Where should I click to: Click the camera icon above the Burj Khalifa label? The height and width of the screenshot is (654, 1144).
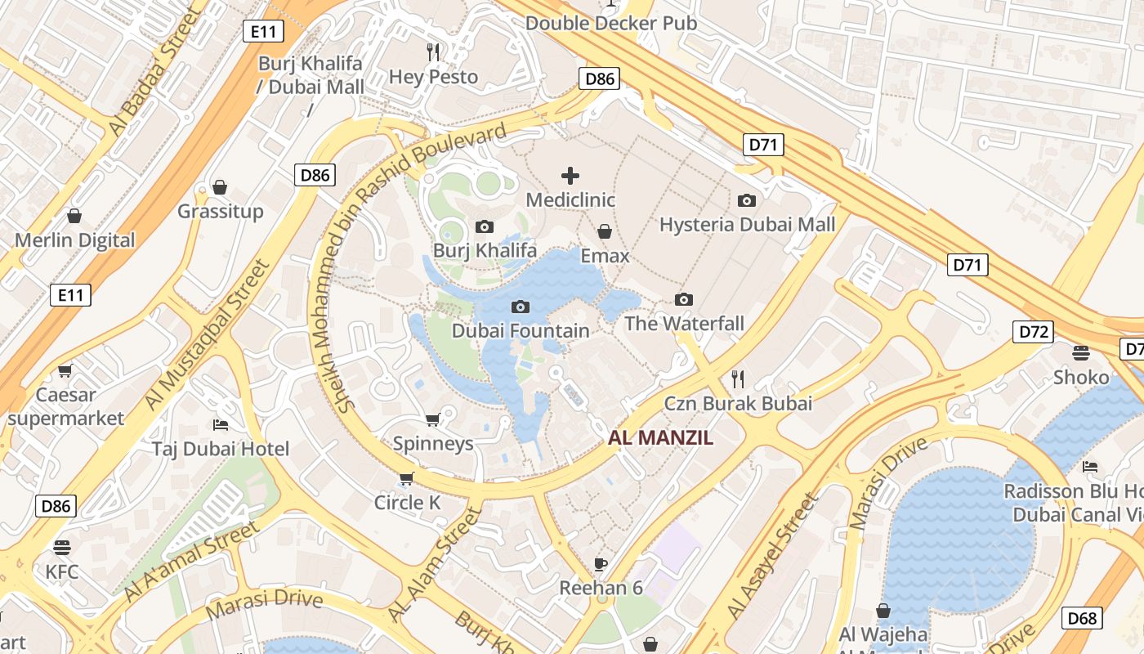click(484, 226)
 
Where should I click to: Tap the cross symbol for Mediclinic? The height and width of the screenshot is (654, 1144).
click(570, 175)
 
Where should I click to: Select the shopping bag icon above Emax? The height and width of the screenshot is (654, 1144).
click(605, 231)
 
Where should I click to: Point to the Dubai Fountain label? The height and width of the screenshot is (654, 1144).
click(521, 331)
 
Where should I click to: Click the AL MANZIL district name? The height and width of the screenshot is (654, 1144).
click(660, 437)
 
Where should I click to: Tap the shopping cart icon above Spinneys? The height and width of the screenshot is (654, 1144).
click(432, 419)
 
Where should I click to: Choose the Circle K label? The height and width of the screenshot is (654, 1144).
click(407, 503)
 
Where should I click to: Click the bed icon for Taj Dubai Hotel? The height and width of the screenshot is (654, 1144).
click(220, 424)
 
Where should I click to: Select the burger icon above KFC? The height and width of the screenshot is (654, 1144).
click(62, 547)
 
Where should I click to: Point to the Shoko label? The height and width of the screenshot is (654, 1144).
click(1081, 378)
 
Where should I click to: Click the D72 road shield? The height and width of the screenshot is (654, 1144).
click(1034, 332)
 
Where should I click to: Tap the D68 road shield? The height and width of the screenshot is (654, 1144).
click(1082, 618)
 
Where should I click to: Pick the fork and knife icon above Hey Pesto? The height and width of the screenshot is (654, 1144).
click(433, 52)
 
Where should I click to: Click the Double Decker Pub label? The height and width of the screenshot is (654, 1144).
click(611, 23)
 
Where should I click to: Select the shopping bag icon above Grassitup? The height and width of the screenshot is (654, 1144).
click(220, 187)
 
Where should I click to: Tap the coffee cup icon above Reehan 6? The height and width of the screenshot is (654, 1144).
click(601, 563)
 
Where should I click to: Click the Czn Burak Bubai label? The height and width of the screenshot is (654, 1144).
click(738, 403)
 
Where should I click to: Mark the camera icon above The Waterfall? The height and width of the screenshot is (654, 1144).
click(684, 299)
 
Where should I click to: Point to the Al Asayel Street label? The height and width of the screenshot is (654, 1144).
click(771, 556)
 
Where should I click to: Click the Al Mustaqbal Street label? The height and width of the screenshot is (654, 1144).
click(207, 335)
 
